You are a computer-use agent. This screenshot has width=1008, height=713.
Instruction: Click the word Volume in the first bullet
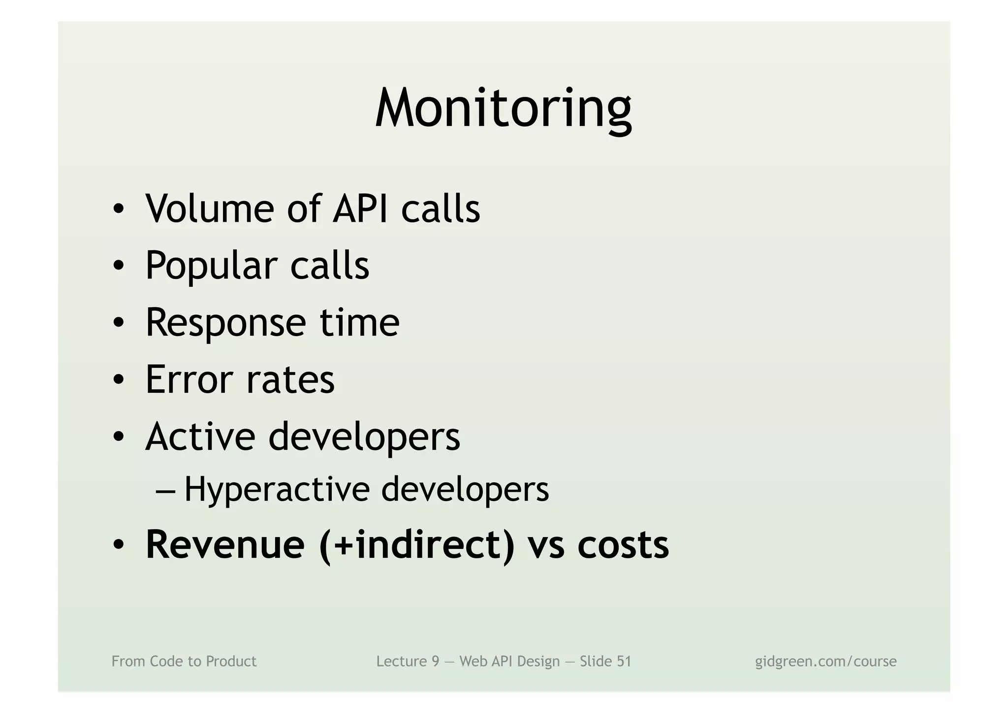point(210,209)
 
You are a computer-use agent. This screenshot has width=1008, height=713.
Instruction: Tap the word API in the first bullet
point(362,209)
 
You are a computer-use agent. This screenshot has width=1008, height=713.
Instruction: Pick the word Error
point(189,380)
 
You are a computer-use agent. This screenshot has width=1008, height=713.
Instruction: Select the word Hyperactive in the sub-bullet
point(277,490)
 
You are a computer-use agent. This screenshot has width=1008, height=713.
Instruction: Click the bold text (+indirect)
point(416,546)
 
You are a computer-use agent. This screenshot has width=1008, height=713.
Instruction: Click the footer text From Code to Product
point(184,661)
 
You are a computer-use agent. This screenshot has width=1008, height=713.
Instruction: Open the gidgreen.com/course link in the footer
point(826,661)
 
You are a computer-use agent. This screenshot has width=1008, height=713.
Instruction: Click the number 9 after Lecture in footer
point(435,661)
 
